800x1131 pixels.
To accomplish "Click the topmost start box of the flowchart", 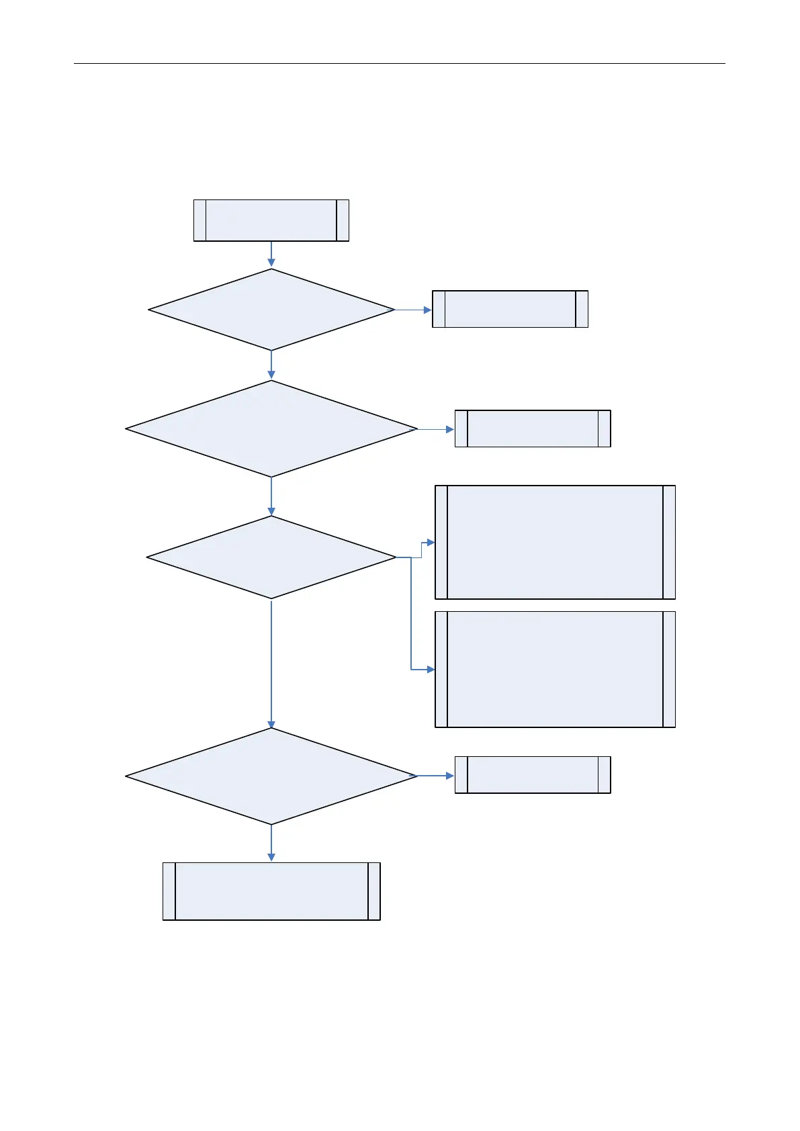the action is pyautogui.click(x=271, y=220).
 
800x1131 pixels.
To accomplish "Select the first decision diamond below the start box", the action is pyautogui.click(x=271, y=310).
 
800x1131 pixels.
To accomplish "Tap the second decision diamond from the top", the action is pyautogui.click(x=271, y=428).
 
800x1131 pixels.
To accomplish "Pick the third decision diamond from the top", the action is pyautogui.click(x=271, y=557).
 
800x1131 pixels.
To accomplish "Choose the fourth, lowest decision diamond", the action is pyautogui.click(x=271, y=776).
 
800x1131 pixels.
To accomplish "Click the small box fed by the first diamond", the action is pyautogui.click(x=510, y=309).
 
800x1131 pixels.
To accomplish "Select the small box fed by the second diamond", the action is pyautogui.click(x=533, y=428).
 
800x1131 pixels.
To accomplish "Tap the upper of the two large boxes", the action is pyautogui.click(x=555, y=542).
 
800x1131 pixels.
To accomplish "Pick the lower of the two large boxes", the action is pyautogui.click(x=555, y=669).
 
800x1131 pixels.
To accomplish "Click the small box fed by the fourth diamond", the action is pyautogui.click(x=533, y=775).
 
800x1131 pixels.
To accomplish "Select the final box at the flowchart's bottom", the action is pyautogui.click(x=271, y=891).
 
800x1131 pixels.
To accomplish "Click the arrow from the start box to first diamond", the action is pyautogui.click(x=271, y=255).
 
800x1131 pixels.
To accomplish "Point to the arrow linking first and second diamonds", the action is pyautogui.click(x=271, y=365).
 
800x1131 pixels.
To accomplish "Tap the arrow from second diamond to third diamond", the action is pyautogui.click(x=271, y=496).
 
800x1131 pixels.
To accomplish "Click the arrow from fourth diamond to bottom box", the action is pyautogui.click(x=271, y=843).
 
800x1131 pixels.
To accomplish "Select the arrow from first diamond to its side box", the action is pyautogui.click(x=413, y=310).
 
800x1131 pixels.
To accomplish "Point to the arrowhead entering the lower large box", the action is pyautogui.click(x=431, y=670).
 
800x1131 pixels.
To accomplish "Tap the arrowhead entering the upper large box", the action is pyautogui.click(x=431, y=542).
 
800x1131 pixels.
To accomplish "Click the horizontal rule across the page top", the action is pyautogui.click(x=399, y=64).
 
